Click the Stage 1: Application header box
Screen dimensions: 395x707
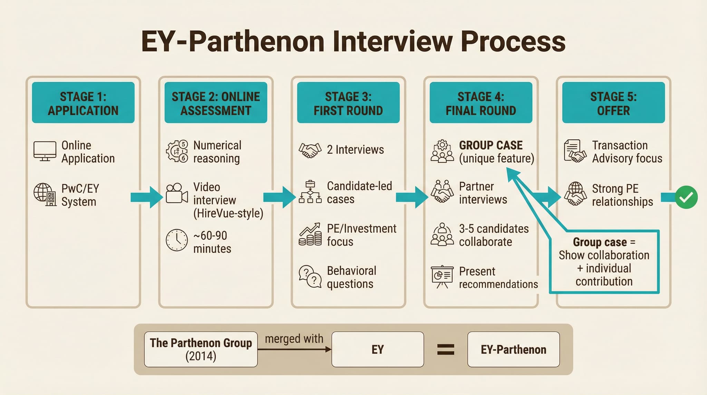(x=83, y=103)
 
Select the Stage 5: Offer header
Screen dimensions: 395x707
(x=613, y=103)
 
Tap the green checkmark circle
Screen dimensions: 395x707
(x=686, y=197)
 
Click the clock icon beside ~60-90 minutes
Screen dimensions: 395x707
(x=176, y=240)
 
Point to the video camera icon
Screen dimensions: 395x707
(x=176, y=193)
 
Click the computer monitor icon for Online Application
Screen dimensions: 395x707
(x=45, y=151)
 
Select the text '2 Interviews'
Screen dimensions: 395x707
(x=355, y=150)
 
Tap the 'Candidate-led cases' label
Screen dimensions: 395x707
(x=359, y=192)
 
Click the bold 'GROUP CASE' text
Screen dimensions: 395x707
(x=491, y=145)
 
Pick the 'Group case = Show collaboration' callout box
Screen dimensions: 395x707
(x=604, y=262)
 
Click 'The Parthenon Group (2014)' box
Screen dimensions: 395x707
(x=201, y=349)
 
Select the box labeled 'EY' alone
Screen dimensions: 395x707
(x=377, y=349)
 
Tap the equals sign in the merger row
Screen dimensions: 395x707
(x=446, y=349)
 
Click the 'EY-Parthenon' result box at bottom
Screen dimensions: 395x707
(x=513, y=349)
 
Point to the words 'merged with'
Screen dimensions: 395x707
(x=294, y=339)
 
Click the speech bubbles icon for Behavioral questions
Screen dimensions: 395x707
(x=310, y=276)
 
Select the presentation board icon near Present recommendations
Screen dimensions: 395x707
(x=442, y=276)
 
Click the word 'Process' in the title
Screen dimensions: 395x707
(x=513, y=41)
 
